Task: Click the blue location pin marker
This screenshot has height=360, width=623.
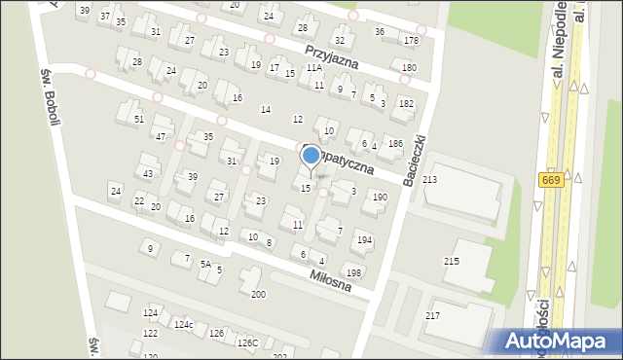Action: [x=311, y=155]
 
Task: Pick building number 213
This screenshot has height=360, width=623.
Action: [x=429, y=180]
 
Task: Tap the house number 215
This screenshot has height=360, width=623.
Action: [x=451, y=261]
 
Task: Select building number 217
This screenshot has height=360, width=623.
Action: [x=432, y=315]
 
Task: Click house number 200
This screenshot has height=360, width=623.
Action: [x=258, y=294]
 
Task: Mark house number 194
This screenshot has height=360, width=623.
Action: [x=364, y=239]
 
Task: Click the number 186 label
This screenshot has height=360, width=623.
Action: [x=395, y=143]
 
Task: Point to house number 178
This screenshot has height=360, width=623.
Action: [x=412, y=40]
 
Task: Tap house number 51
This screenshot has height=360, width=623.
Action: [x=139, y=119]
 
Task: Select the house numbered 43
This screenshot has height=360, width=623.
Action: [x=148, y=173]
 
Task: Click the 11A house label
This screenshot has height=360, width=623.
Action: [x=313, y=68]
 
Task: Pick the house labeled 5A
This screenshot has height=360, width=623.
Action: [x=205, y=264]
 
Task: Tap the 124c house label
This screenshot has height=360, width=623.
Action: [x=183, y=324]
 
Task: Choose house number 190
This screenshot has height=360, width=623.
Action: [x=380, y=197]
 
